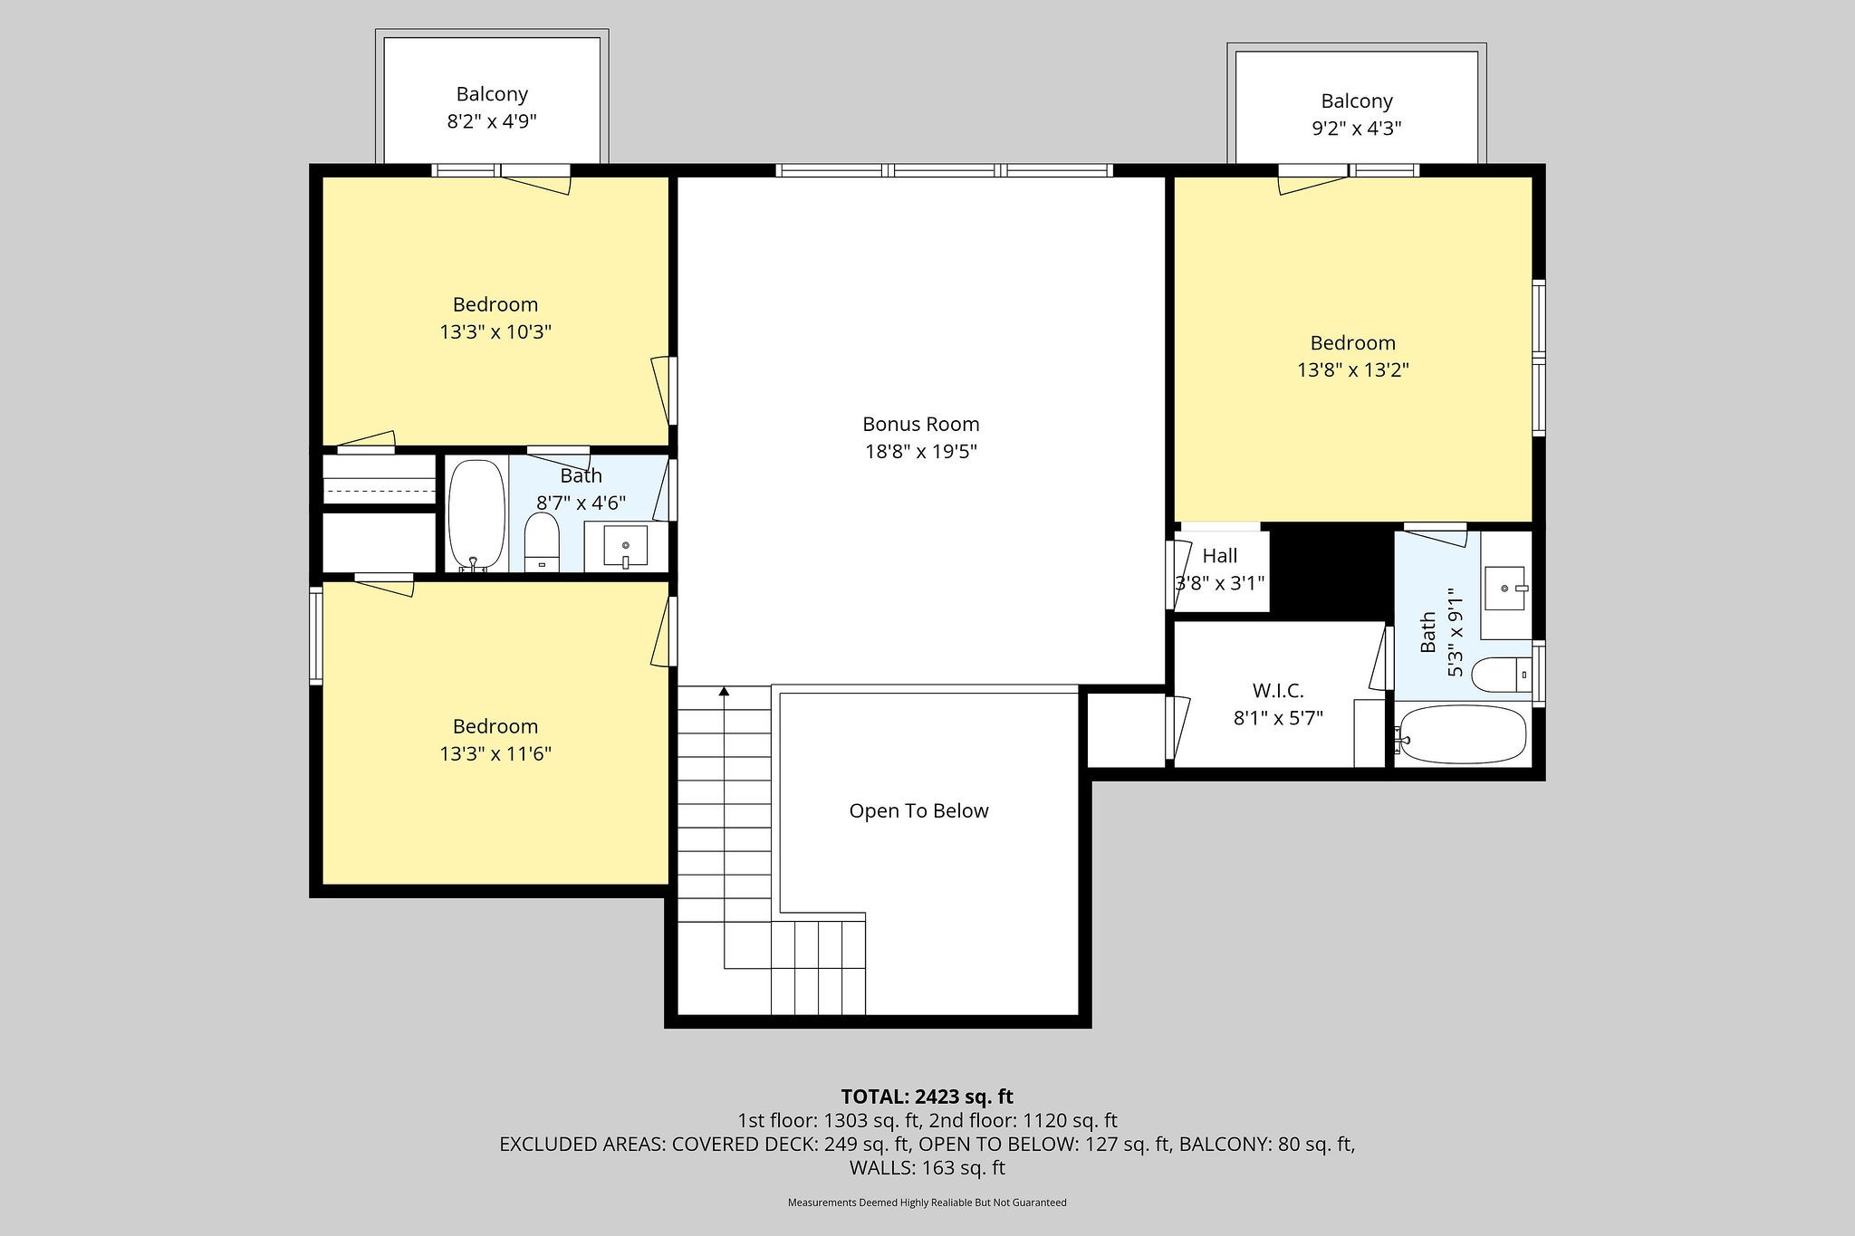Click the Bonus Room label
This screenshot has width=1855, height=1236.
pos(920,424)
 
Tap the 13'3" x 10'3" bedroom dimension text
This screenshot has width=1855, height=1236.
pos(495,331)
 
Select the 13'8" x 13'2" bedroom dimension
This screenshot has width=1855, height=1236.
pos(1353,369)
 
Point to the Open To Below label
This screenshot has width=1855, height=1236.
pos(918,810)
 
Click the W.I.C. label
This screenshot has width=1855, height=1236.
pos(1278,691)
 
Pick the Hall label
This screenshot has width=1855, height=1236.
pos(1220,556)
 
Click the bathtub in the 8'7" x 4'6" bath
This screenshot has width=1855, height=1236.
pos(476,516)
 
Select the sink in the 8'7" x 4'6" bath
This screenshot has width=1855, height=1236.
pos(625,546)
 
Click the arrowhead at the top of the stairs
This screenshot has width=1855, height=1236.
pos(724,692)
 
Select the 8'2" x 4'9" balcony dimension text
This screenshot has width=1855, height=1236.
pos(492,121)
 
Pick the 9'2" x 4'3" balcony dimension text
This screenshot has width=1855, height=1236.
pos(1357,129)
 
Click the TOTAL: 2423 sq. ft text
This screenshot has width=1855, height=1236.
pos(927,1097)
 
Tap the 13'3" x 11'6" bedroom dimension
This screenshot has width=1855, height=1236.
pos(495,753)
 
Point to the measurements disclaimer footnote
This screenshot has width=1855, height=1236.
pos(927,1202)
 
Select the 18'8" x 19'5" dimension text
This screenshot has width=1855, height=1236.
pos(921,451)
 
